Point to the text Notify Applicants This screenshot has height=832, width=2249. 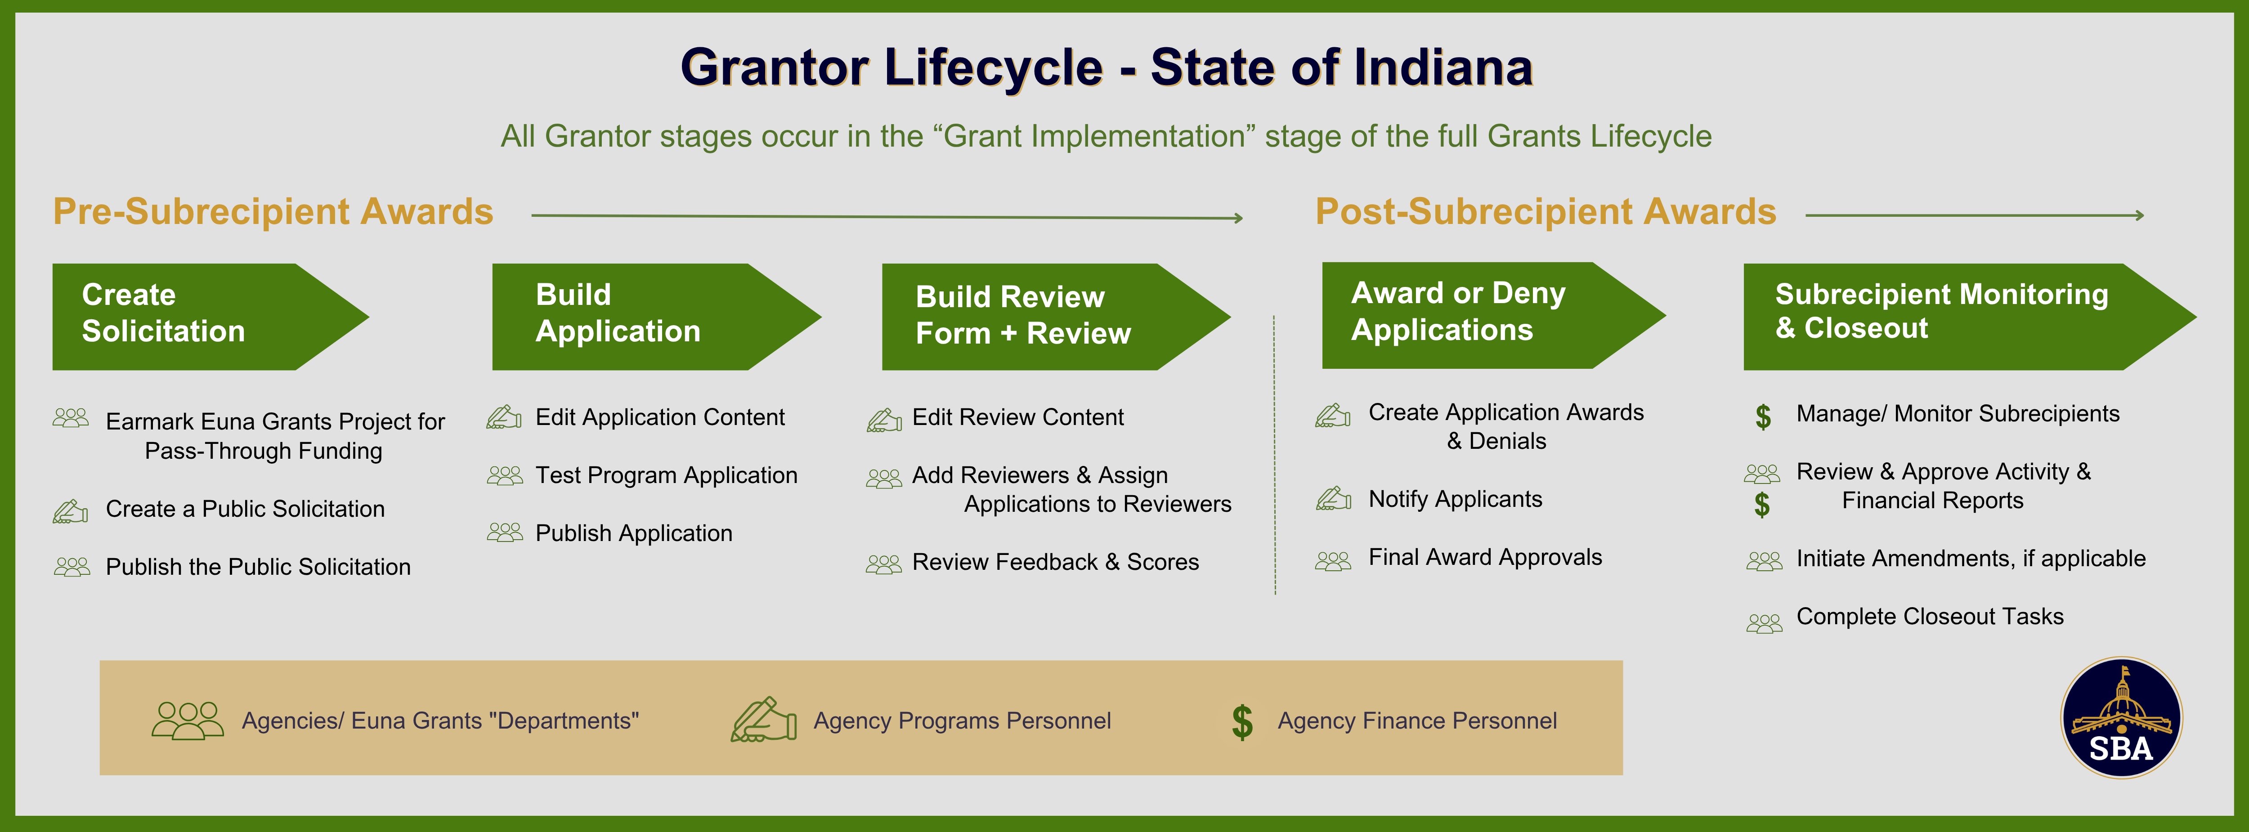pyautogui.click(x=1456, y=499)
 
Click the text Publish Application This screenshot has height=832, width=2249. pyautogui.click(x=634, y=533)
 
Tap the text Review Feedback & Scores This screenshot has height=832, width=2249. pyautogui.click(x=1056, y=562)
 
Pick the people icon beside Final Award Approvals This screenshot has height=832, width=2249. pyautogui.click(x=1333, y=560)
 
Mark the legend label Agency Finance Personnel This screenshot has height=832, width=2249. pyautogui.click(x=1417, y=721)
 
